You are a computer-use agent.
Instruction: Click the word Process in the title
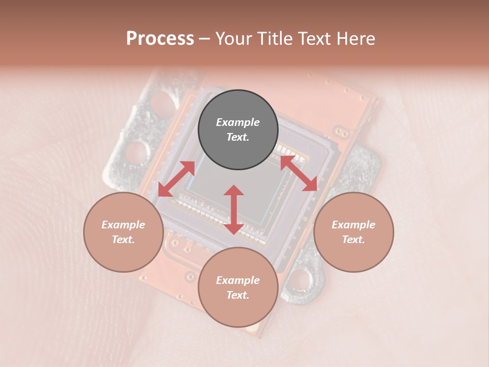pyautogui.click(x=160, y=39)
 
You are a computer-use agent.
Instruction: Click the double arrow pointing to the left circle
pyautogui.click(x=176, y=179)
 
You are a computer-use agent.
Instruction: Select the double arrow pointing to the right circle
pyautogui.click(x=299, y=174)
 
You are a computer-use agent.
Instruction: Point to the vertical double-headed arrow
pyautogui.click(x=234, y=209)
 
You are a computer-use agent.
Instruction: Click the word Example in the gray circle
pyautogui.click(x=238, y=122)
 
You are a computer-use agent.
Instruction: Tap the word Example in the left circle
pyautogui.click(x=123, y=225)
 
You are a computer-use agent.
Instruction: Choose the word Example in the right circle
pyautogui.click(x=354, y=225)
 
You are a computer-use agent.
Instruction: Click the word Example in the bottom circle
pyautogui.click(x=238, y=280)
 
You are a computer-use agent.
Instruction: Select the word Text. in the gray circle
pyautogui.click(x=238, y=137)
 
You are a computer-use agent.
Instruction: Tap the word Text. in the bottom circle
pyautogui.click(x=238, y=295)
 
